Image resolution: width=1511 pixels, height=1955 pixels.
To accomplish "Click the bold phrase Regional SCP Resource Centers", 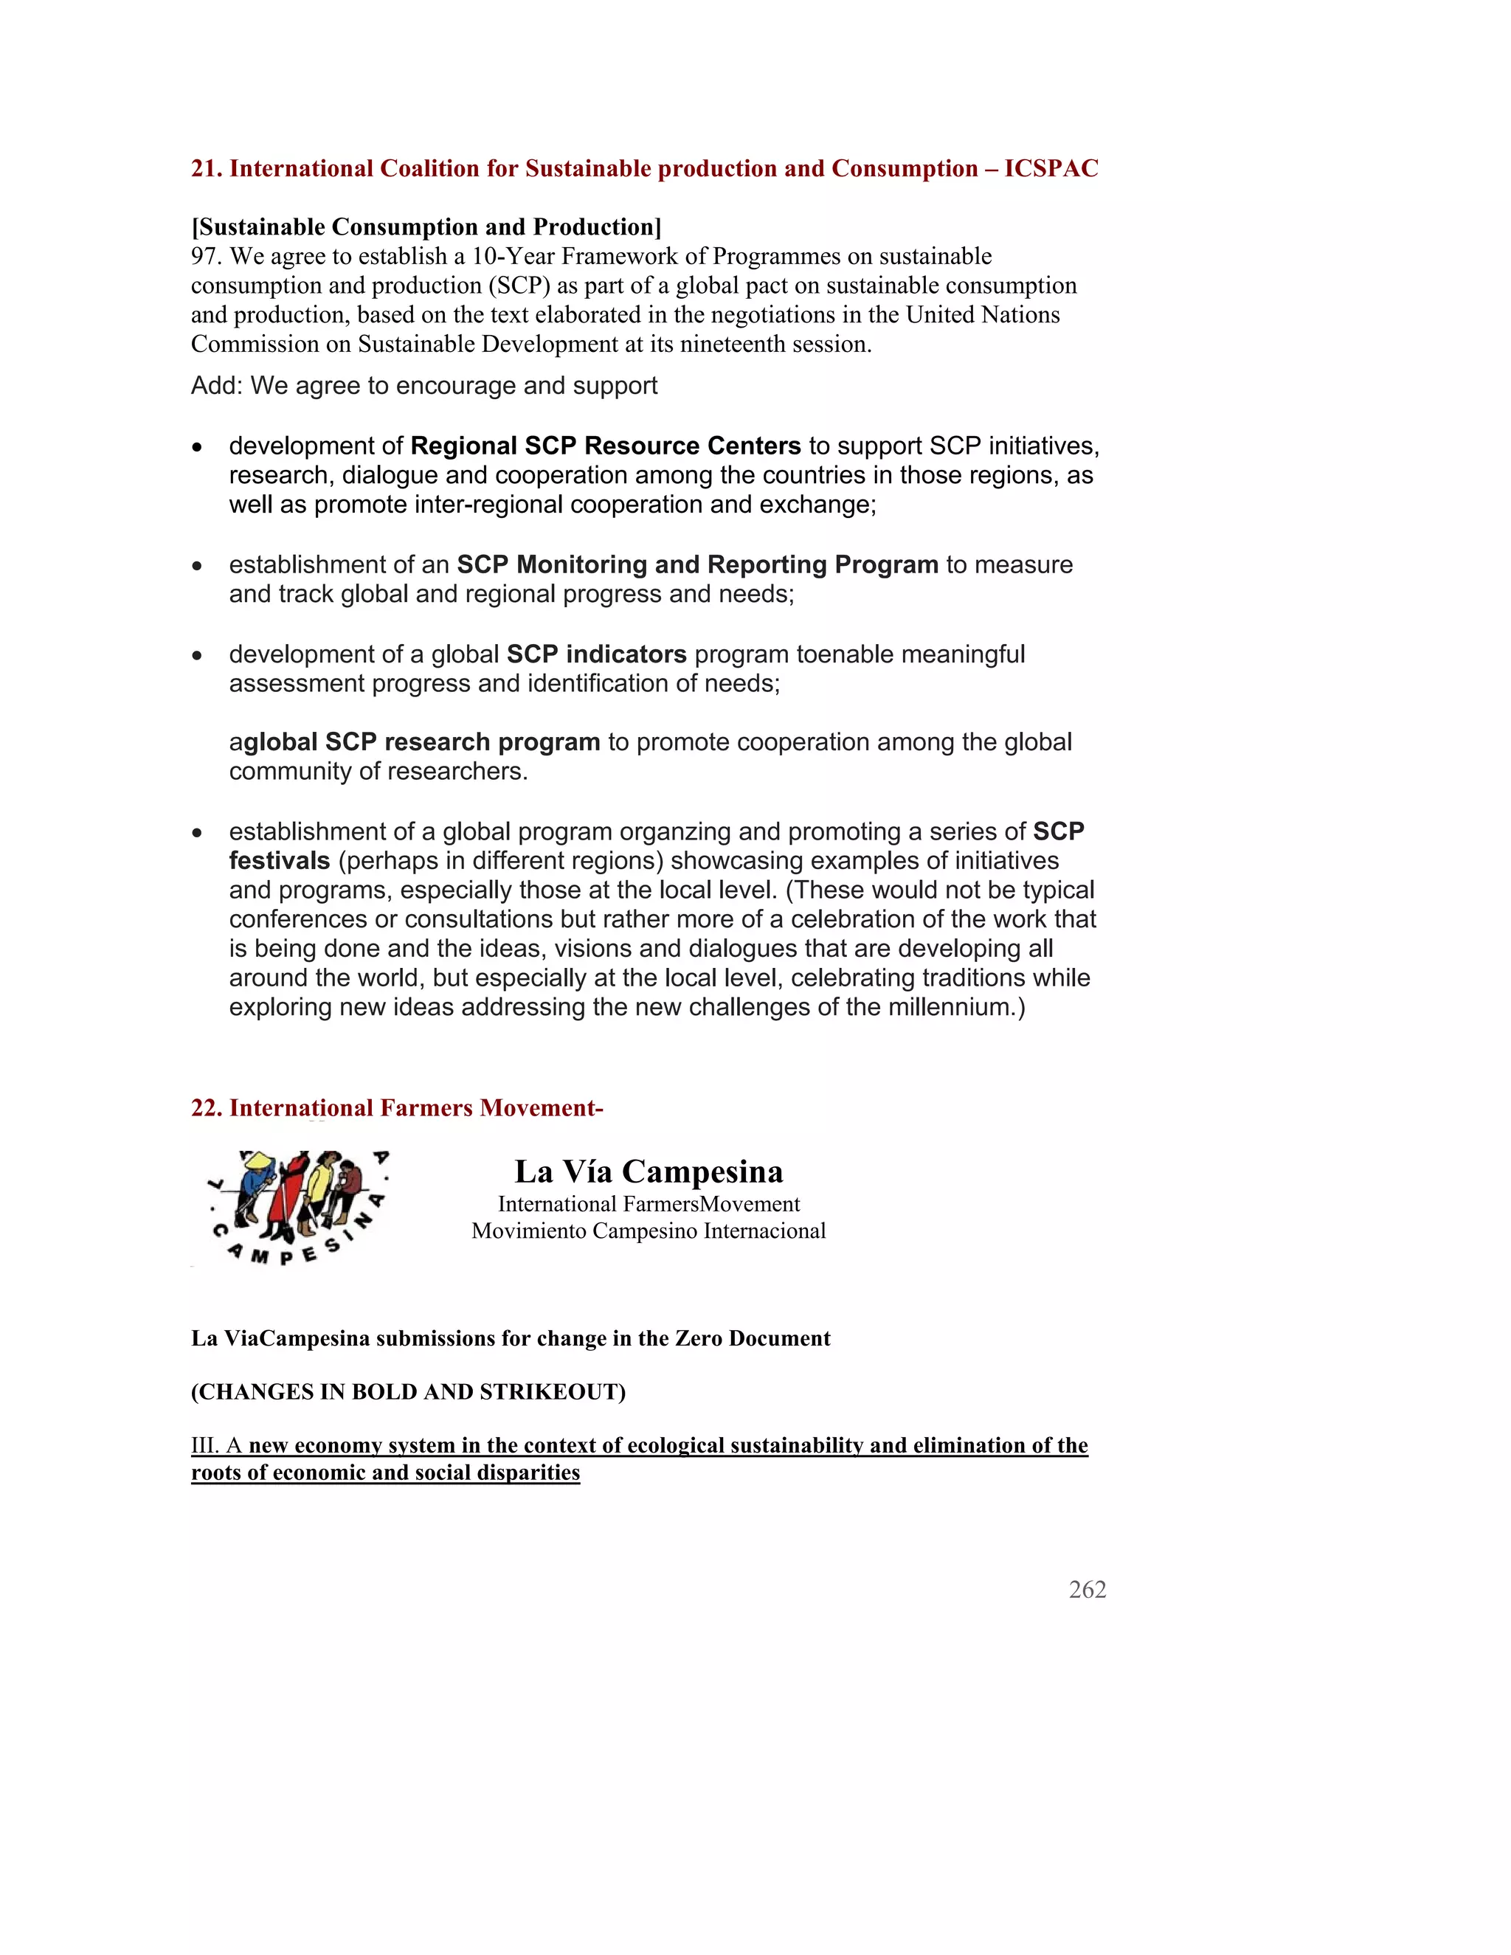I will coord(605,446).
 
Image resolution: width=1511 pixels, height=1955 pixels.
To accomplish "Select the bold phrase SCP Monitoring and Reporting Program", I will coord(697,565).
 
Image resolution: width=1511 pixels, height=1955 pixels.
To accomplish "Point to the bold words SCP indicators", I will coord(596,654).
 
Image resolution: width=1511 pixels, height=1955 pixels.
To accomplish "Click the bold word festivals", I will coord(280,861).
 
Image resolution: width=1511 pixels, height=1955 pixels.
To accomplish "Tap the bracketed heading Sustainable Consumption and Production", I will coord(426,227).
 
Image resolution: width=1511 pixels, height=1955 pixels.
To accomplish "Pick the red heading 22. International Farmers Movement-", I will coord(396,1108).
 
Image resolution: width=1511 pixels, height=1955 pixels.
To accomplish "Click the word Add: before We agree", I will coord(217,386).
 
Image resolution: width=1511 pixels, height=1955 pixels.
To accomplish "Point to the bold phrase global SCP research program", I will coord(421,742).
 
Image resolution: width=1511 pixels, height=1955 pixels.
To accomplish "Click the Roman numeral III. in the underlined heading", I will coord(205,1446).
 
